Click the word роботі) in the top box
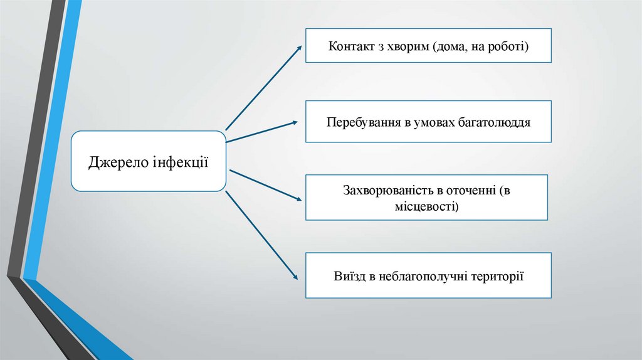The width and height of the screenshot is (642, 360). pyautogui.click(x=510, y=46)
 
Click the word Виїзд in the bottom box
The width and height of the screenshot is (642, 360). pyautogui.click(x=348, y=275)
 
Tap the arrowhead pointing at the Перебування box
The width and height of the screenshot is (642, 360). pyautogui.click(x=297, y=122)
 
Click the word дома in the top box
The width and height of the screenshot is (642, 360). pyautogui.click(x=450, y=46)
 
